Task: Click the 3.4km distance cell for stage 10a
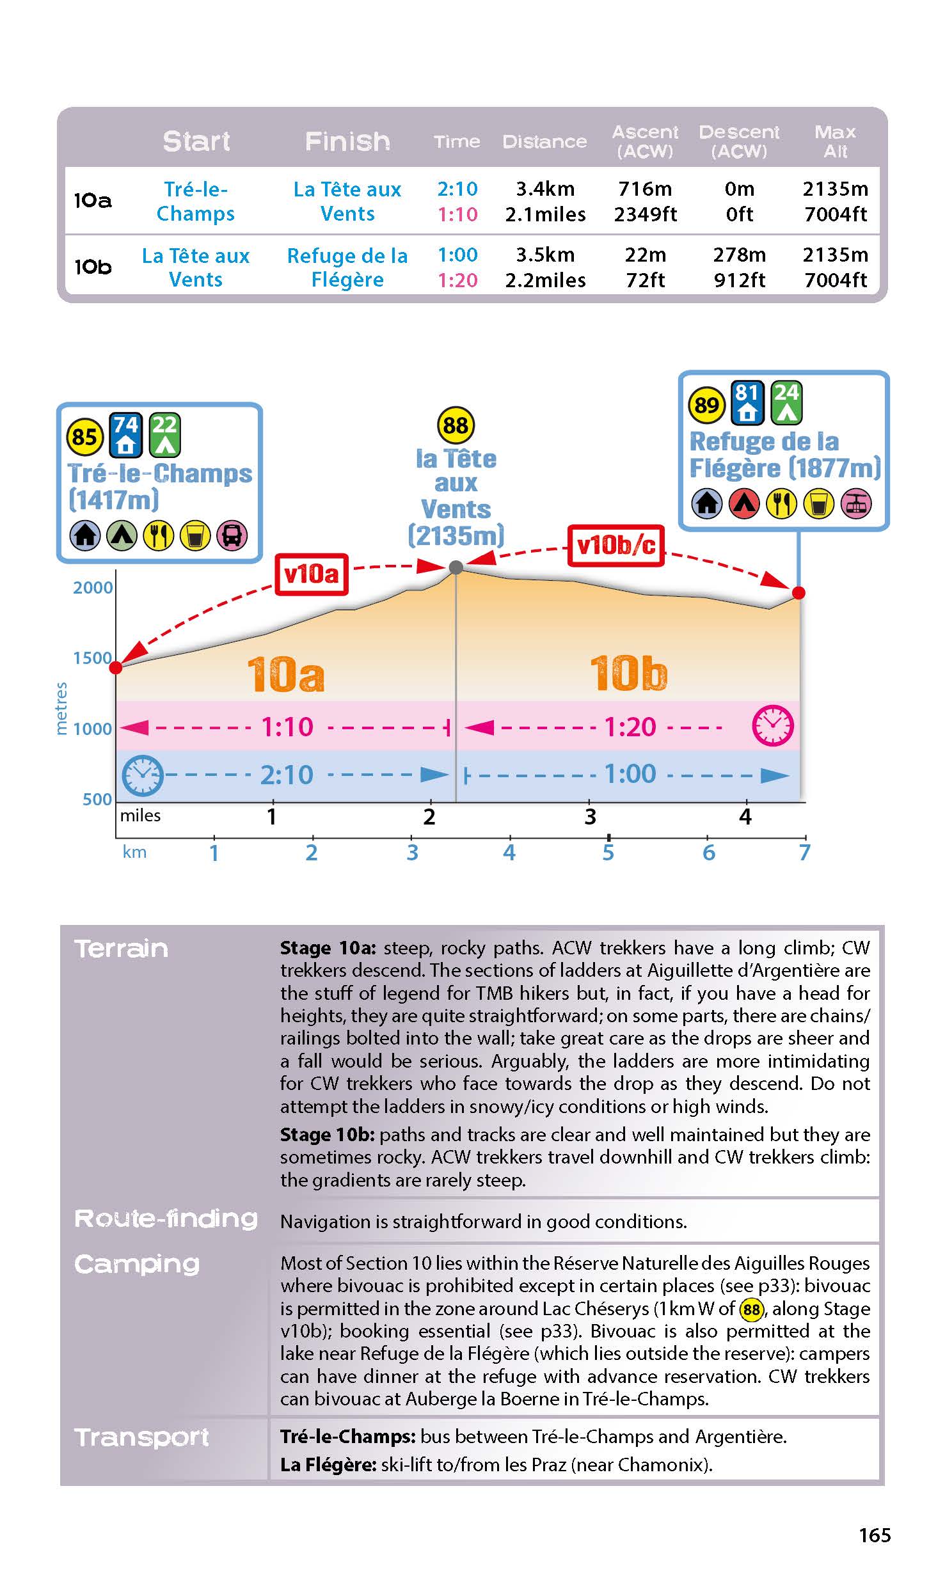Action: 545,189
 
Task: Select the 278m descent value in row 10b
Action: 739,255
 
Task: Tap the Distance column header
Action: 544,141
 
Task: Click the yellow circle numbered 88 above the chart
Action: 456,425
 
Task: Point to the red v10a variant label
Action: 312,574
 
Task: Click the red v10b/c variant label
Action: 615,546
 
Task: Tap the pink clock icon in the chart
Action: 772,726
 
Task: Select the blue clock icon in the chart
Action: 142,775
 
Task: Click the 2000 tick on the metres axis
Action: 93,588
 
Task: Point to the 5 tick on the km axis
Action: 608,852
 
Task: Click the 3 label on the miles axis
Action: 590,817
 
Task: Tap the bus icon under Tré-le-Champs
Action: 232,535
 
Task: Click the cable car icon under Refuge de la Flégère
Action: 856,503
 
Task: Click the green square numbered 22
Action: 164,434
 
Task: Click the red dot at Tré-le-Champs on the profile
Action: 116,668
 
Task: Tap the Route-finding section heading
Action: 166,1219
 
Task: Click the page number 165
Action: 874,1535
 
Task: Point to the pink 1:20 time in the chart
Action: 630,727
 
